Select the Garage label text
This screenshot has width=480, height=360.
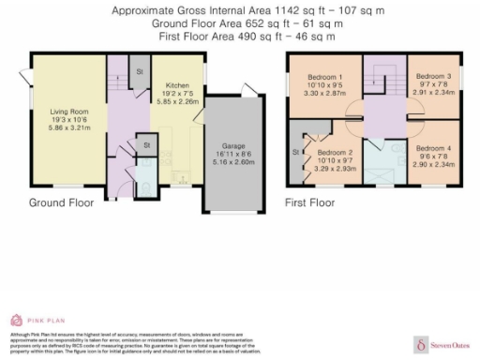[x=232, y=147]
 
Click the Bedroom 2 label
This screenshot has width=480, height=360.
[x=335, y=152]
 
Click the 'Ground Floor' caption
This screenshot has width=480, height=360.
[x=59, y=202]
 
